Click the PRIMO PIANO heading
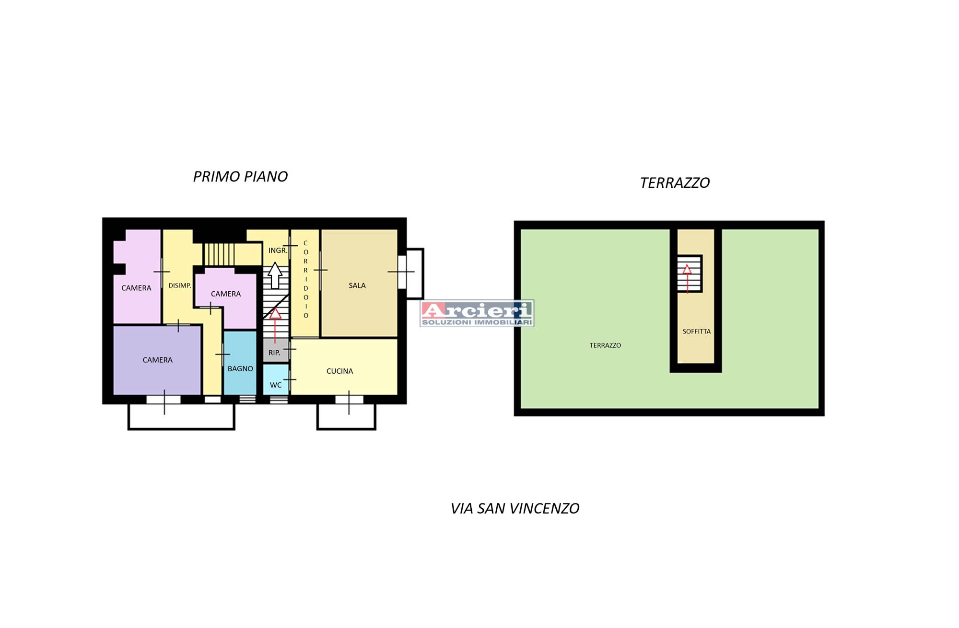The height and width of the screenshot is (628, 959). coord(240,177)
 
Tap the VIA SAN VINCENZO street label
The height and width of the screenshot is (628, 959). coord(515,508)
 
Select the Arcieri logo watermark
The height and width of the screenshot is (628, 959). coord(477,314)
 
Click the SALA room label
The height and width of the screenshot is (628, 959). coord(357,285)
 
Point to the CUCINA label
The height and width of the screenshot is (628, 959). coord(339,371)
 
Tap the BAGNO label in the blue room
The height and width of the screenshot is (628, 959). coord(240,369)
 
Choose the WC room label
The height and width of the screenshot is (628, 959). coord(276,385)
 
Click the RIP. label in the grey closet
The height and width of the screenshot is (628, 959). coord(274,353)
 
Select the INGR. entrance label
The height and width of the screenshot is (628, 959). coord(278,251)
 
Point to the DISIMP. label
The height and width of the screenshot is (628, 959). coord(180,285)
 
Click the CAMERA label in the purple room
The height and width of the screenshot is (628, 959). coord(157,360)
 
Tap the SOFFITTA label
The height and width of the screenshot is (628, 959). coord(697,331)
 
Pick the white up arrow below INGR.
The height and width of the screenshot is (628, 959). coord(275,275)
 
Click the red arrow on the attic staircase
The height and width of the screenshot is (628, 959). coord(687,278)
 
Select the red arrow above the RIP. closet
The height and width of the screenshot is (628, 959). coord(275,326)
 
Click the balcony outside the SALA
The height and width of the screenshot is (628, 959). coord(415,274)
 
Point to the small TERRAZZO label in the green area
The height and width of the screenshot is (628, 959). coord(605,345)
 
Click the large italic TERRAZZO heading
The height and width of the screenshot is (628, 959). coord(675,183)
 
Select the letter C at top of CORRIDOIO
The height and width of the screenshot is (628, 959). coord(305,243)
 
